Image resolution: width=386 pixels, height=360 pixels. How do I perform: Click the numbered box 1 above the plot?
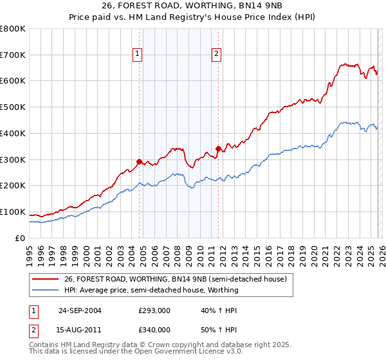click(138, 55)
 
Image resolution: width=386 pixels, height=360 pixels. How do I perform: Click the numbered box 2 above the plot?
click(216, 55)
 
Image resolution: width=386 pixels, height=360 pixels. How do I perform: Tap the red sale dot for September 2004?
click(140, 161)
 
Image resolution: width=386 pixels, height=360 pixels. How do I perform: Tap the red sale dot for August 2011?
click(218, 149)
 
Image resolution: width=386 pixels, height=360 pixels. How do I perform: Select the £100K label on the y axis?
click(14, 212)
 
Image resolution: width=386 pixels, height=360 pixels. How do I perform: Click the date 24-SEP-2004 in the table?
click(80, 310)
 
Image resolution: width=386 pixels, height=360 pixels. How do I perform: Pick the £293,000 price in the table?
click(154, 310)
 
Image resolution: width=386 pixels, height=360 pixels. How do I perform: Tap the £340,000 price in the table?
click(154, 330)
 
